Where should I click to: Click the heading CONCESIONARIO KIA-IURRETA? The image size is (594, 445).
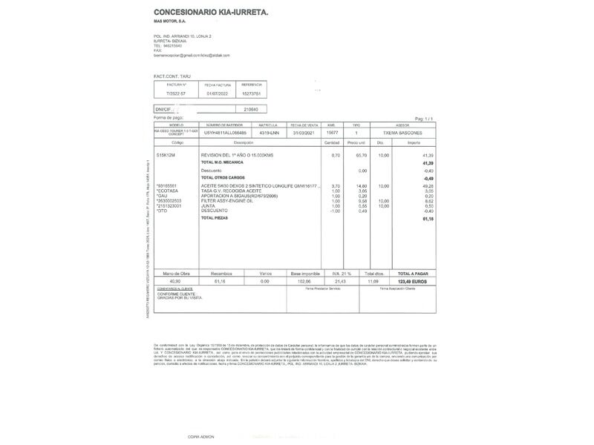[211, 12]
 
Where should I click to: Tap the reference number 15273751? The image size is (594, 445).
[252, 94]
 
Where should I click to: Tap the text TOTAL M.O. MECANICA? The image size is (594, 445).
[223, 162]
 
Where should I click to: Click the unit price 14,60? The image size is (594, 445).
[362, 186]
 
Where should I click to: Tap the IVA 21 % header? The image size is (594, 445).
[342, 274]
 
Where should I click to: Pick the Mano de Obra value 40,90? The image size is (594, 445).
[175, 282]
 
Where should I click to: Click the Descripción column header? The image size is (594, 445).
[244, 142]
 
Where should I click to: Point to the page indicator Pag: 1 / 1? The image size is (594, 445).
[423, 119]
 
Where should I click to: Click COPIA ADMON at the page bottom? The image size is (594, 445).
[200, 437]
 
